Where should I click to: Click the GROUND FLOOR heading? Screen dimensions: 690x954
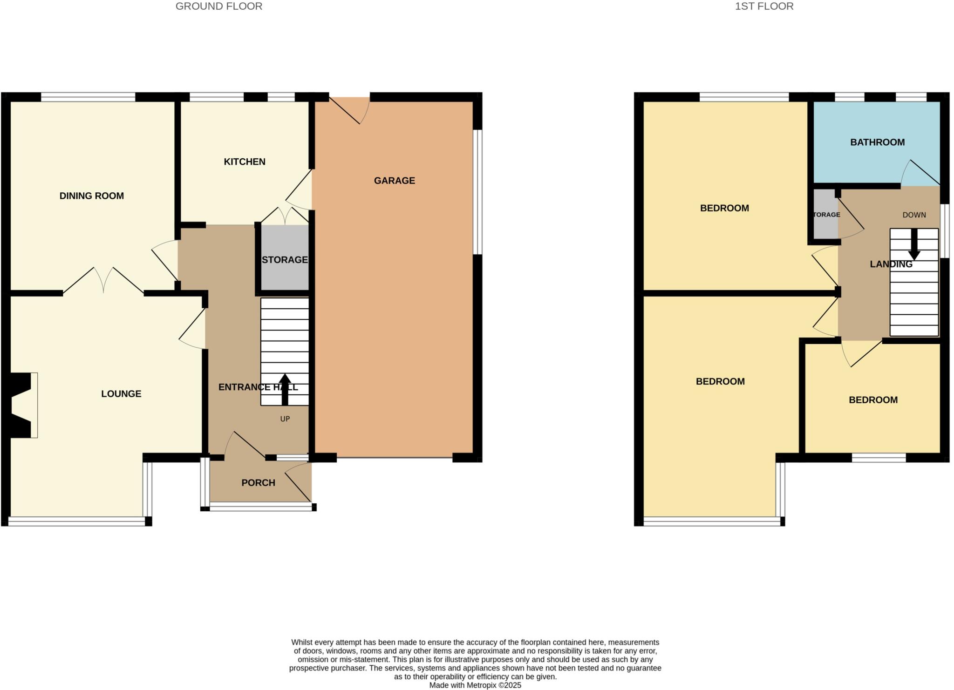click(218, 7)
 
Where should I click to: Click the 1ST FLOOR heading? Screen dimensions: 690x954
click(764, 7)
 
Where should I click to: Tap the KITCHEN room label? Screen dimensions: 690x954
click(245, 162)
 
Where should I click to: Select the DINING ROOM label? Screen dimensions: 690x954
click(92, 196)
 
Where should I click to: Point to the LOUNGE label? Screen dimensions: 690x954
click(121, 394)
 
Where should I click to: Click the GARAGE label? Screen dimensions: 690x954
click(394, 181)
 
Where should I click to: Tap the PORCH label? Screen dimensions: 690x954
click(258, 483)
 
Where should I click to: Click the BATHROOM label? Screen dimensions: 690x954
click(877, 142)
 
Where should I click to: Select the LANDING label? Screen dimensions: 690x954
click(891, 264)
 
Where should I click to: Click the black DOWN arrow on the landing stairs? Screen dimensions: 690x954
click(914, 244)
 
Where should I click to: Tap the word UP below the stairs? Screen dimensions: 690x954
click(285, 419)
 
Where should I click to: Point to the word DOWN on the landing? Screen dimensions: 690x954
click(914, 215)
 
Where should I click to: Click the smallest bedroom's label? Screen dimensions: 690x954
click(873, 400)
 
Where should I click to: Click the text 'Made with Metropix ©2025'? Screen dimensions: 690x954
click(475, 685)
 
